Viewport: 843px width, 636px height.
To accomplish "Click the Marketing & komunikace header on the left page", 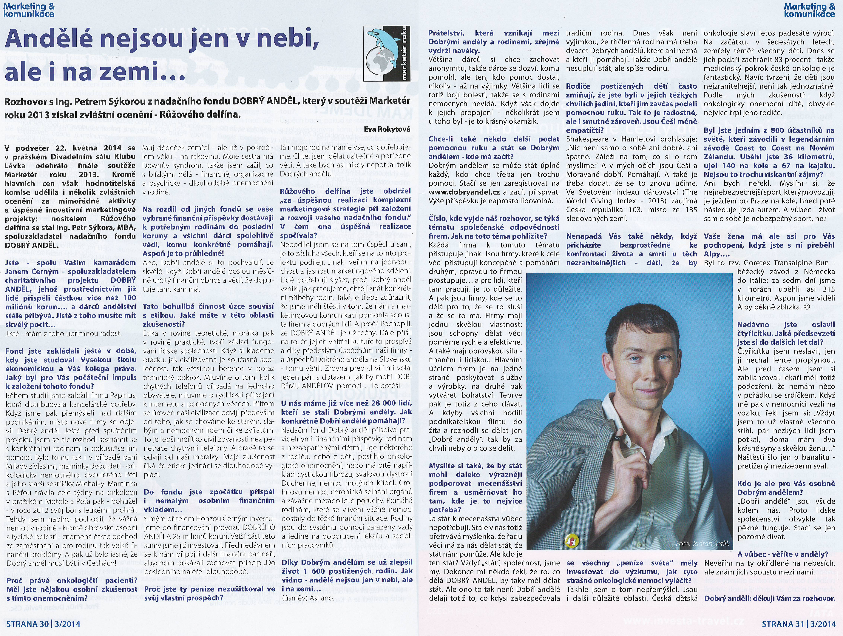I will coord(29,10).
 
